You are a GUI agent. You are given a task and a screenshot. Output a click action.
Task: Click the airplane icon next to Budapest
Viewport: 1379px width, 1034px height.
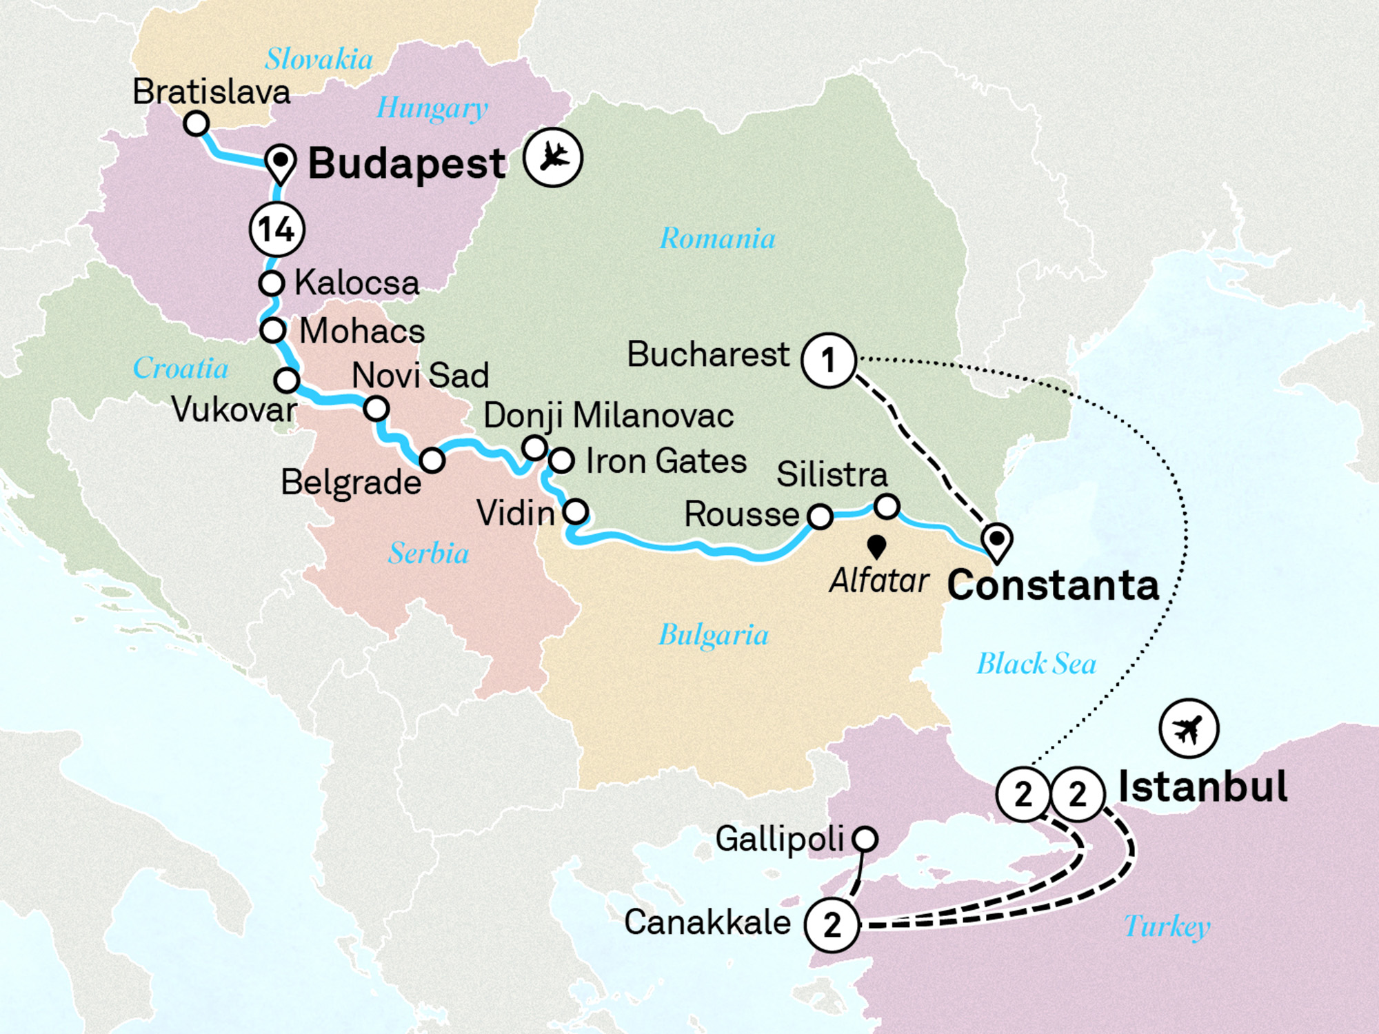coord(552,157)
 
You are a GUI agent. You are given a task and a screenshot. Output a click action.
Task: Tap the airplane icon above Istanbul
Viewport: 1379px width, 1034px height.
coord(1189,729)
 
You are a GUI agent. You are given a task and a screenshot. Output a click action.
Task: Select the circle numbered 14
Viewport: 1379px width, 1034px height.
coord(276,230)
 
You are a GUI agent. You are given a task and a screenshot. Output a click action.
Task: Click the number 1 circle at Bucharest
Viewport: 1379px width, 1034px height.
coord(829,360)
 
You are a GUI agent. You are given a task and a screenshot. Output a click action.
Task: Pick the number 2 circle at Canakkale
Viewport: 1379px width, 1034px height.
coord(832,925)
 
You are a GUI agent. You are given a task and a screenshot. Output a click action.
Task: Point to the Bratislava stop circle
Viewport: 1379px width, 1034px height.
coord(197,124)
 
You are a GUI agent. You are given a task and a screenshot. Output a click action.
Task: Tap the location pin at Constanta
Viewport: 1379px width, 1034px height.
coord(997,540)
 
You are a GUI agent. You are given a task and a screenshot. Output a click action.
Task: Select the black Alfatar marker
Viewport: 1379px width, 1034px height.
coord(876,546)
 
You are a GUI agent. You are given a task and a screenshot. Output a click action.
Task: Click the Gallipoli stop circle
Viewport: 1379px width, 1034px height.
coord(865,839)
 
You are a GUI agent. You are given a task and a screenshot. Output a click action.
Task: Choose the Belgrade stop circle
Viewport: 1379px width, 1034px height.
coord(432,460)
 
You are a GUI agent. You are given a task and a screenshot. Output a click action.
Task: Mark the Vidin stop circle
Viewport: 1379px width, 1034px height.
coord(576,511)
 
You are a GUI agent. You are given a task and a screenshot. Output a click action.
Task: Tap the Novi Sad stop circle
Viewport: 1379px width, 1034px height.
coord(376,409)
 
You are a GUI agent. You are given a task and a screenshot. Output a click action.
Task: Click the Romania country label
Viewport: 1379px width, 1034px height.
coord(717,239)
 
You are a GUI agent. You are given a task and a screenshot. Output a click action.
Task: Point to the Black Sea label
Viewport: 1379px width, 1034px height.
coord(1036,664)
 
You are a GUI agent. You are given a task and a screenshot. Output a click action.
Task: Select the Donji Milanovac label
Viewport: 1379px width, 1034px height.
coord(608,416)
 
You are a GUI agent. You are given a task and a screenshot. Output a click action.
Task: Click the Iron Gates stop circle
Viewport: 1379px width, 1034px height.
coord(561,460)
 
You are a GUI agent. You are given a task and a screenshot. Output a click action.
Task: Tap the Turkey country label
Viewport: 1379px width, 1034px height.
coord(1167,926)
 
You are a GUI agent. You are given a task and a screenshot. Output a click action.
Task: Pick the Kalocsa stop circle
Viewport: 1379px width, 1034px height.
coord(272,283)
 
